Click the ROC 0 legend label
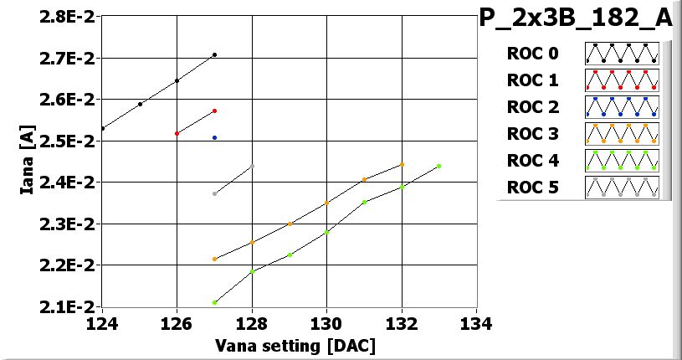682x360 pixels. pyautogui.click(x=531, y=54)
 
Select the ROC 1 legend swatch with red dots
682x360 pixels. pyautogui.click(x=622, y=80)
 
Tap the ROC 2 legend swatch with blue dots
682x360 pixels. pyautogui.click(x=622, y=107)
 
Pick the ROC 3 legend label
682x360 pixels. pyautogui.click(x=531, y=134)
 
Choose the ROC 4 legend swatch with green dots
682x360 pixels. pyautogui.click(x=622, y=160)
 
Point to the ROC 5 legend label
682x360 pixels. pyautogui.click(x=531, y=187)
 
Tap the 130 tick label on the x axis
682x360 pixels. pyautogui.click(x=326, y=323)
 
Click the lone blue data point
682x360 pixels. pyautogui.click(x=214, y=137)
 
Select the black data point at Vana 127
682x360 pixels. pyautogui.click(x=214, y=54)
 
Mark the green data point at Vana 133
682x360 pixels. pyautogui.click(x=438, y=166)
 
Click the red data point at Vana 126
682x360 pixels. pyautogui.click(x=177, y=133)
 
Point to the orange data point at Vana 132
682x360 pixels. pyautogui.click(x=402, y=164)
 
